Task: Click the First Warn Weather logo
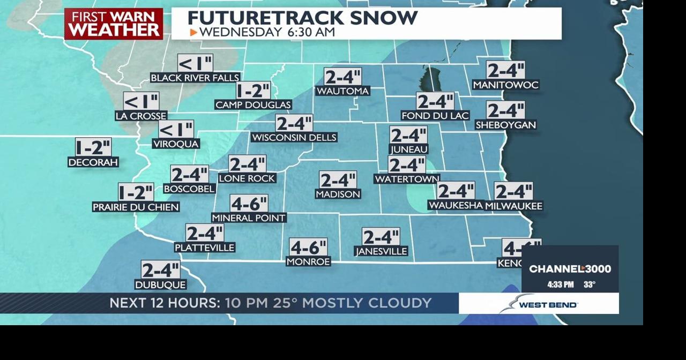point(114,24)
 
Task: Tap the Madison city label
point(338,194)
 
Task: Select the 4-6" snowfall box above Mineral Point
point(249,204)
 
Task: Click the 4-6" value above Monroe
point(308,247)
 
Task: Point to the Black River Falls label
point(195,78)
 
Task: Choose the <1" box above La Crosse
point(141,101)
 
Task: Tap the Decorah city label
point(93,162)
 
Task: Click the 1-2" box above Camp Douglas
point(253,91)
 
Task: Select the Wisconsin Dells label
point(294,138)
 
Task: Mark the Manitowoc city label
point(505,85)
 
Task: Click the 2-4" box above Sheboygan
point(505,110)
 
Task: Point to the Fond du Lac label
point(435,116)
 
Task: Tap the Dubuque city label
point(161,284)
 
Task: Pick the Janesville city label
point(381,251)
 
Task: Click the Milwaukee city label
point(514,206)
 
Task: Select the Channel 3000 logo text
point(570,269)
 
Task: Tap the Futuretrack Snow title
point(302,18)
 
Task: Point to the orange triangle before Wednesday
point(193,32)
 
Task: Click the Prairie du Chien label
point(136,207)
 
